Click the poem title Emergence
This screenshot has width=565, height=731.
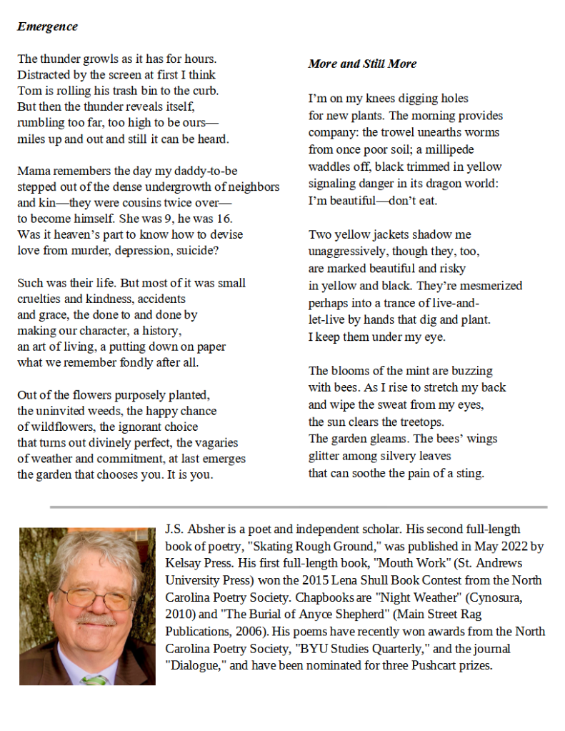click(x=47, y=27)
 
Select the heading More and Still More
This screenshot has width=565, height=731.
click(x=362, y=64)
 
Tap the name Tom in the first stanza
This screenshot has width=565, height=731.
click(x=28, y=91)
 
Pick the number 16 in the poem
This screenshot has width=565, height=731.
click(x=224, y=219)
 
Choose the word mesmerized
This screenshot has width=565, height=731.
click(x=490, y=286)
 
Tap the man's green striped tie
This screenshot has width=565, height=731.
click(x=94, y=679)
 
